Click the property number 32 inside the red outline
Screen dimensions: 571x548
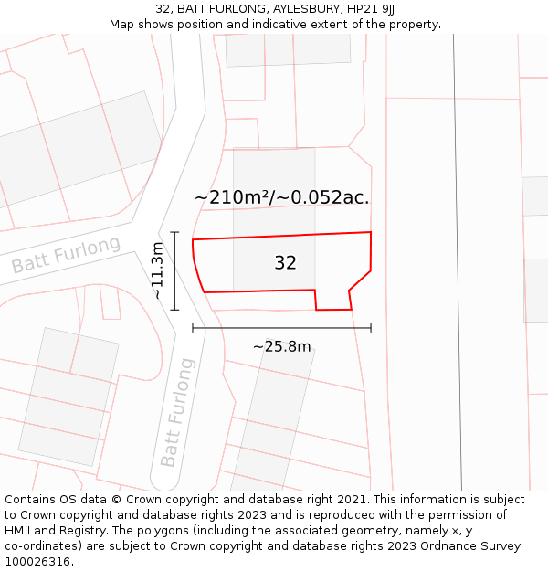coord(285,263)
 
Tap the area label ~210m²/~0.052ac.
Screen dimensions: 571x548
coord(281,197)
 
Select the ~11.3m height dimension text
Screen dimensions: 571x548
coord(157,271)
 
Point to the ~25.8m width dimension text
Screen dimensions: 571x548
coord(281,346)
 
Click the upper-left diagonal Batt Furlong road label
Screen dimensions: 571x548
coord(66,255)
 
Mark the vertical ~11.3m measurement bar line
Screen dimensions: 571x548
coord(174,271)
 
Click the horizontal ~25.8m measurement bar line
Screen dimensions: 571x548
coord(281,328)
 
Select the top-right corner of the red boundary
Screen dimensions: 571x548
coord(371,233)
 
